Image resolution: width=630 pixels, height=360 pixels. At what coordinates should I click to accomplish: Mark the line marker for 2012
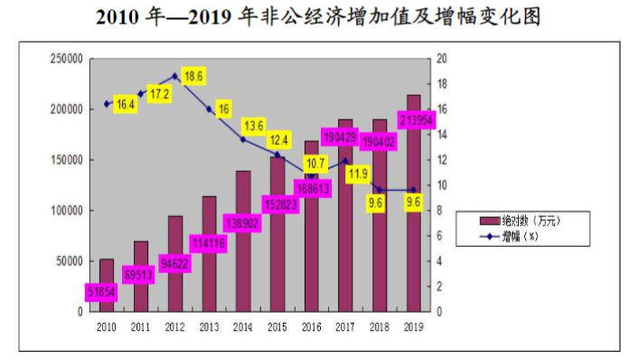(x=175, y=76)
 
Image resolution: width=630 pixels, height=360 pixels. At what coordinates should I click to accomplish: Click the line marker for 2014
(x=243, y=139)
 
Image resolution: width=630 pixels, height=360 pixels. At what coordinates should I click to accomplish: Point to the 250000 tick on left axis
(x=66, y=59)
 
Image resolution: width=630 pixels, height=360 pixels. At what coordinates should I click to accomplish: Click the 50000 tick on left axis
(x=69, y=261)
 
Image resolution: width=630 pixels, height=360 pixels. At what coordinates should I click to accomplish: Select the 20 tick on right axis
(x=442, y=59)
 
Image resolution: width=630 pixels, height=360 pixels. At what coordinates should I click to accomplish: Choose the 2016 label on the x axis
(x=310, y=327)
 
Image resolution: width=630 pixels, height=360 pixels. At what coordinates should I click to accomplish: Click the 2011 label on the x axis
(x=141, y=327)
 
